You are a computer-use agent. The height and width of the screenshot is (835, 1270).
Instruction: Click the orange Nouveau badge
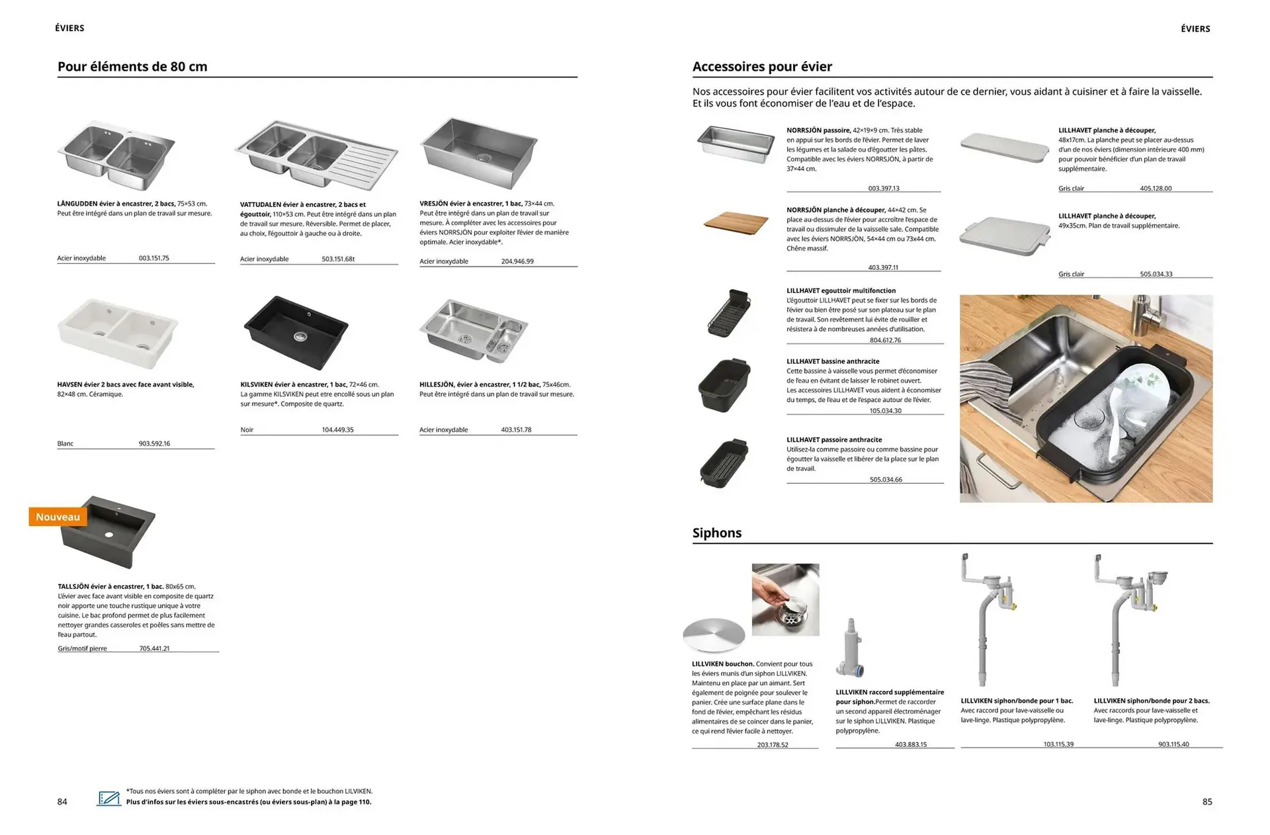pos(58,517)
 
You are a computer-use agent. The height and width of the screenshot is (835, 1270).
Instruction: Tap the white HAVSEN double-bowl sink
pos(118,333)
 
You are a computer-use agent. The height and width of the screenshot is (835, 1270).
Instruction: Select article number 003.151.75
pos(153,258)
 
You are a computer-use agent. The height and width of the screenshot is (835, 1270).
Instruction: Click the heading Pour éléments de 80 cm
pos(132,67)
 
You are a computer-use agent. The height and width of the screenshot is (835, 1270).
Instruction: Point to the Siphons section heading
pos(716,533)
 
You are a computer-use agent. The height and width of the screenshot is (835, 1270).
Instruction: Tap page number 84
pos(62,802)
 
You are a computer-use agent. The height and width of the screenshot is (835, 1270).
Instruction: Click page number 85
pos(1207,802)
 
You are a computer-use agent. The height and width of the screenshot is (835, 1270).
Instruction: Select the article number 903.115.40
pos(1173,744)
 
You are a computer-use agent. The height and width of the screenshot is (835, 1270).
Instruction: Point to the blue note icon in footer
pos(109,798)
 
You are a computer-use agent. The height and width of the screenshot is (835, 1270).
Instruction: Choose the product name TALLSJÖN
pos(73,587)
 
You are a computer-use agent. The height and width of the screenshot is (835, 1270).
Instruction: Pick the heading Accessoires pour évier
pos(762,67)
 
